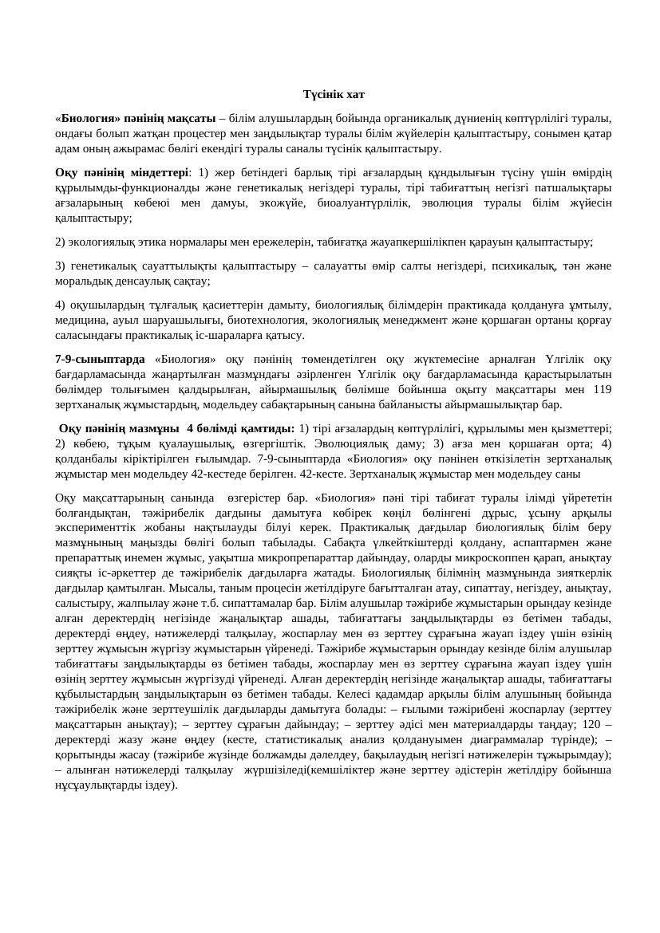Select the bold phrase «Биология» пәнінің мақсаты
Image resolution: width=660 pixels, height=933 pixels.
click(x=136, y=118)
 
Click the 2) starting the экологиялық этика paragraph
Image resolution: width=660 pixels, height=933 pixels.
click(x=60, y=242)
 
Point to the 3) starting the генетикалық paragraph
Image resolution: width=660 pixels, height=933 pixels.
click(x=60, y=266)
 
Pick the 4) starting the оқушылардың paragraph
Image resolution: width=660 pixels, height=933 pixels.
click(x=60, y=305)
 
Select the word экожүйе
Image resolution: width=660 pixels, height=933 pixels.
click(x=270, y=203)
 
